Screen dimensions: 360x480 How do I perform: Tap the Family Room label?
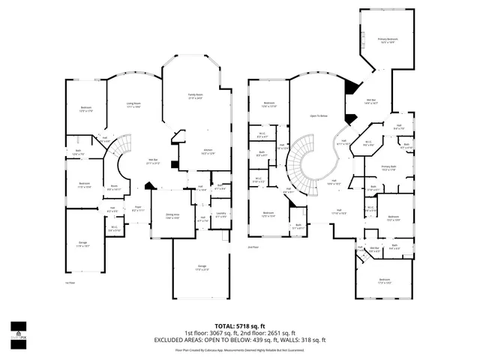tap(195, 96)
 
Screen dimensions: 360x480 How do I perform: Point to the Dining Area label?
tap(172, 215)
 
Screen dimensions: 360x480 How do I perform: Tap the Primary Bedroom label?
tap(388, 40)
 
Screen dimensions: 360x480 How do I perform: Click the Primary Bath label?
tap(388, 169)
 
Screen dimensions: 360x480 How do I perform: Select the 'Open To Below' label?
tap(319, 116)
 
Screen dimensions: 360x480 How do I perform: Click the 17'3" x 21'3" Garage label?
tap(202, 268)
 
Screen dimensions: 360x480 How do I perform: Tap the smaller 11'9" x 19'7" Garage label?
tap(83, 244)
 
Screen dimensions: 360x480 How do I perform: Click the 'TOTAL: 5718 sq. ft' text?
tap(240, 326)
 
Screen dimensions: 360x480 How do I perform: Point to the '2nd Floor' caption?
tap(253, 246)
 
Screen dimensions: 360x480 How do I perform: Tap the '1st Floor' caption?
tap(69, 283)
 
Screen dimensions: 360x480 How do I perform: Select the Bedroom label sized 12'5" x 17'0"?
tap(85, 109)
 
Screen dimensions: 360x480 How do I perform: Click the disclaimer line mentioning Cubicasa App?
tap(240, 349)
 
